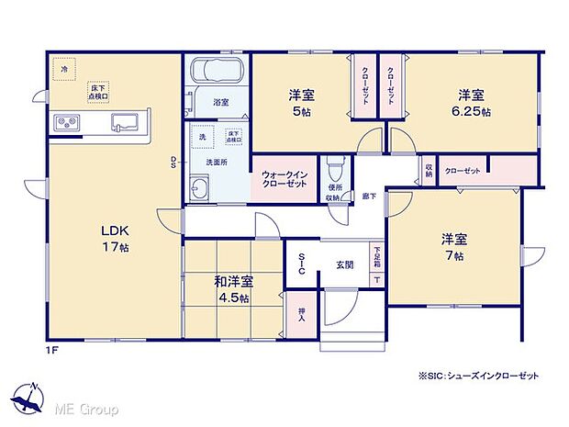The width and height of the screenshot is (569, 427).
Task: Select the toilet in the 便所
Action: pyautogui.click(x=338, y=169)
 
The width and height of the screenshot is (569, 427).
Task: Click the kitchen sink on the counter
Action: pyautogui.click(x=124, y=121)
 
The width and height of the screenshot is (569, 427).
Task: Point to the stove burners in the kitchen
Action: pyautogui.click(x=67, y=121)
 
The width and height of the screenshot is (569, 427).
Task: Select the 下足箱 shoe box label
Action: pyautogui.click(x=377, y=253)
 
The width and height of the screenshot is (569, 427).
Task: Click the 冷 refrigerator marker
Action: pyautogui.click(x=64, y=68)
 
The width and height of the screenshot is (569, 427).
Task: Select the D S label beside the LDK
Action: pyautogui.click(x=173, y=163)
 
